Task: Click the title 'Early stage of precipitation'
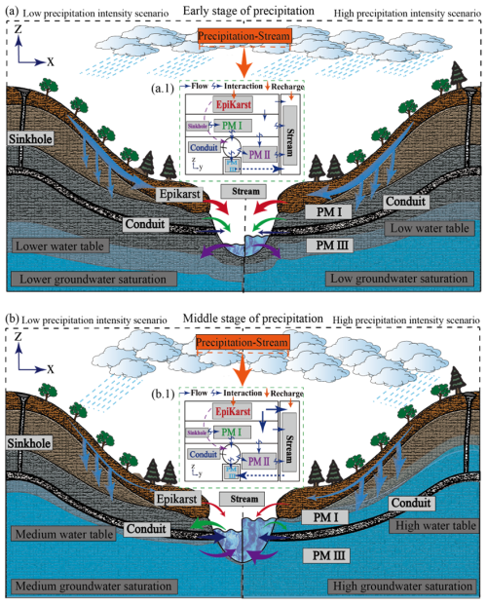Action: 243,11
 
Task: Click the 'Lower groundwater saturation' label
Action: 92,280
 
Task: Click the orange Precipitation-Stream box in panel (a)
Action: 243,38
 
